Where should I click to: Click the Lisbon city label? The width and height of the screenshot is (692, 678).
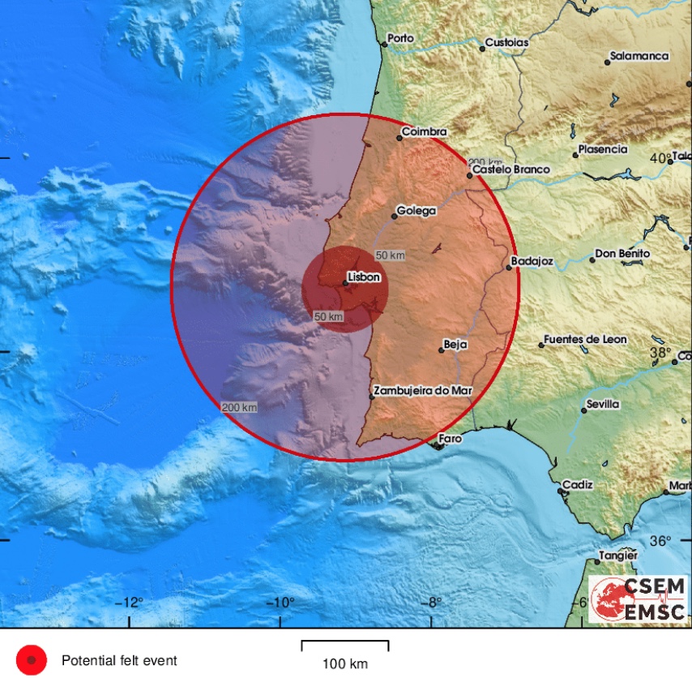[364, 277]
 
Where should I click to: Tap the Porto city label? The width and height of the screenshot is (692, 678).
[400, 37]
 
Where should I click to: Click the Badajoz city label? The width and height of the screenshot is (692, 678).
[532, 262]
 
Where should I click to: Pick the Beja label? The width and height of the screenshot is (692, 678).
[456, 345]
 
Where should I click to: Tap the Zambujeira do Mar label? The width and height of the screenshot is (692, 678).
[423, 390]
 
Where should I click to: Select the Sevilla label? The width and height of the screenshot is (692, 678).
[602, 404]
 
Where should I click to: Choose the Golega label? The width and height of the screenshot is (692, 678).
[416, 211]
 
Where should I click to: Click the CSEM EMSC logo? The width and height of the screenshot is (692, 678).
[638, 599]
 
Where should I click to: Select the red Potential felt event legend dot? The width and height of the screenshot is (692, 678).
[32, 660]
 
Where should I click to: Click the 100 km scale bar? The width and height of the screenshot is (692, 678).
[345, 646]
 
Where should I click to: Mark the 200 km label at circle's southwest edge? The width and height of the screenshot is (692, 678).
[239, 406]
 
